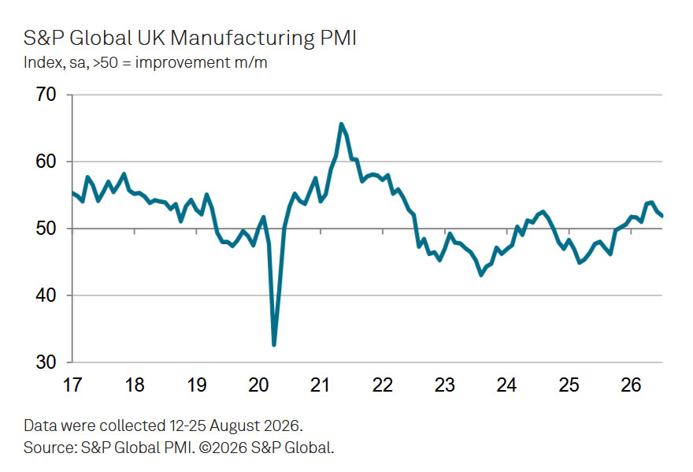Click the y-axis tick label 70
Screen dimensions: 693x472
(46, 95)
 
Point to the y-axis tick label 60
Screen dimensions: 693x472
(46, 162)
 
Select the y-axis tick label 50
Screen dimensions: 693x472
(46, 229)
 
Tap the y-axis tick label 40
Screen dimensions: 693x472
(46, 295)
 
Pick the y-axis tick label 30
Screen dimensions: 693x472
(46, 362)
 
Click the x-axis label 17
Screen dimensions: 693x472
(72, 385)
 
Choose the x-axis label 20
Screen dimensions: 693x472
(258, 385)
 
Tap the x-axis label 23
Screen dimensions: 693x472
(445, 385)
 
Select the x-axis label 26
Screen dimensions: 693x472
(631, 385)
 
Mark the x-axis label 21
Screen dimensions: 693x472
(320, 385)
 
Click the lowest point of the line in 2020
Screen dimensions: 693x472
(274, 344)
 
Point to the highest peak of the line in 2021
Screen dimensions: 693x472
(341, 124)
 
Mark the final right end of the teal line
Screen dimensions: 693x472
(661, 216)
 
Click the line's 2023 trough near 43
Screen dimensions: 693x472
(481, 275)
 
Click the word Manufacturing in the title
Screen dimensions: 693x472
(243, 39)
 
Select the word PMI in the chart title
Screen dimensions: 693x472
(338, 38)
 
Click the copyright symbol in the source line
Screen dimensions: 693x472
(205, 448)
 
